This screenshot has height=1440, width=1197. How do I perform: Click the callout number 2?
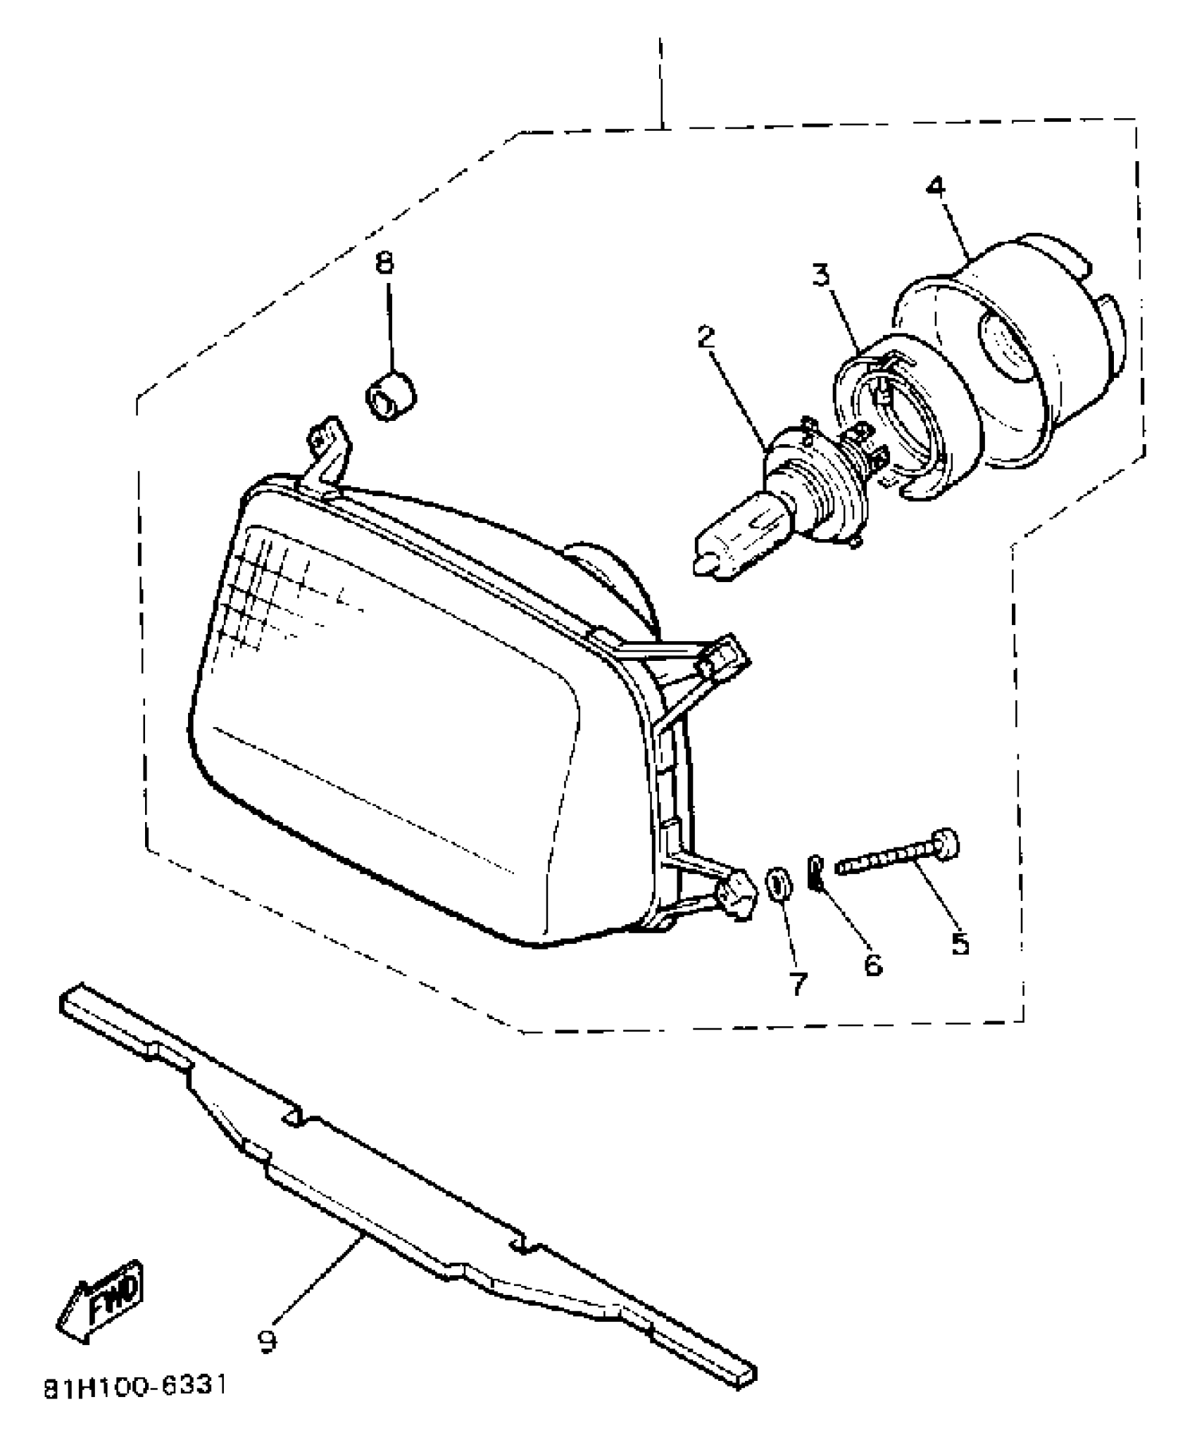click(706, 339)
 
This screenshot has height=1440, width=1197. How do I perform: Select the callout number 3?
click(820, 275)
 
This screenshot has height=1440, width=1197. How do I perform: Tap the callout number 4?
click(935, 187)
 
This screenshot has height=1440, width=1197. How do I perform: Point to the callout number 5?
click(959, 942)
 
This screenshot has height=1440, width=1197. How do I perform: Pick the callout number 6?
click(872, 964)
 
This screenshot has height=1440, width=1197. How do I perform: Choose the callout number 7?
click(797, 984)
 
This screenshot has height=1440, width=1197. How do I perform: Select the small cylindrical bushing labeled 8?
click(391, 398)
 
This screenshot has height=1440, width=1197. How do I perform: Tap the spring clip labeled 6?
click(815, 872)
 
